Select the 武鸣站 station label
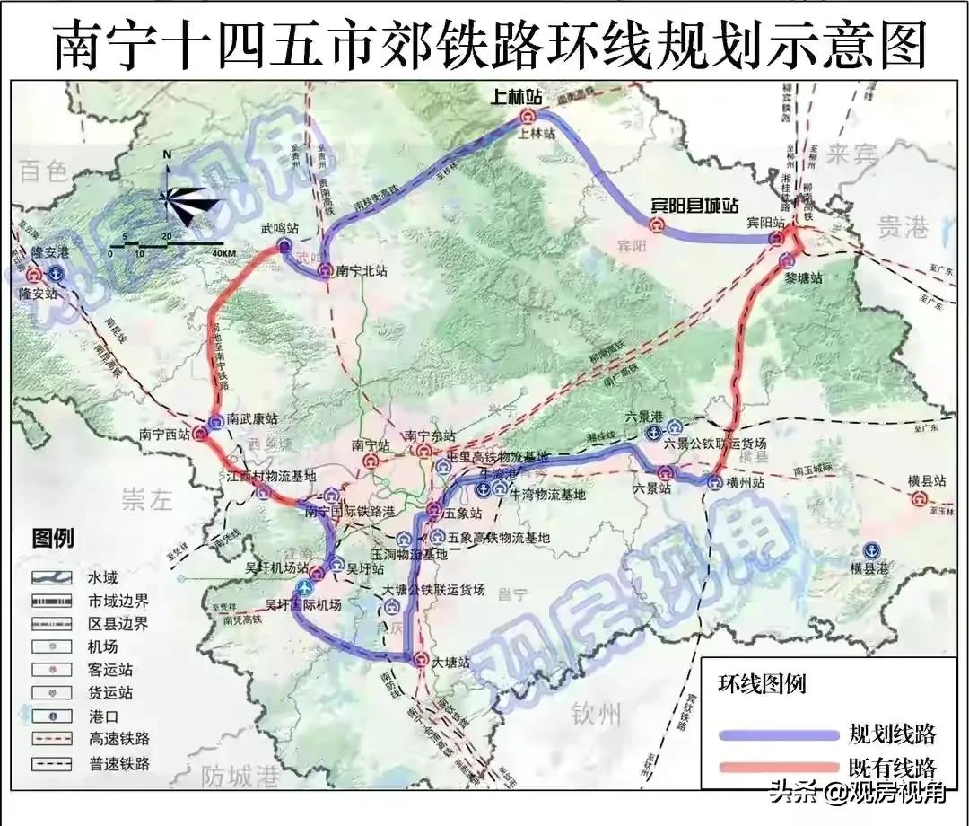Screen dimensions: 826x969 (x=278, y=230)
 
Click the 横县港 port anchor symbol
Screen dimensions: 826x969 (x=870, y=550)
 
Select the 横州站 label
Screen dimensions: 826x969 (x=745, y=483)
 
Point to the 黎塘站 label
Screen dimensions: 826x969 (x=803, y=278)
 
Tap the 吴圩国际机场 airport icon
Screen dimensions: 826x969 (x=305, y=588)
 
